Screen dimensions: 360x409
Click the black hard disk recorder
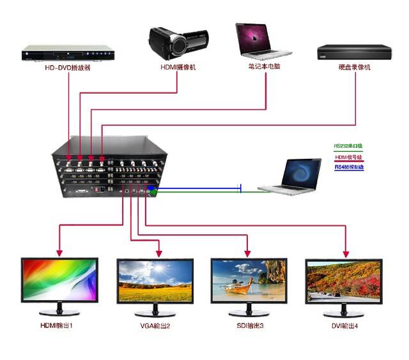point(353,52)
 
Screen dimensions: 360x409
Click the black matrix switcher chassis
point(110,167)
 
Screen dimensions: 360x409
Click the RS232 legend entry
point(348,146)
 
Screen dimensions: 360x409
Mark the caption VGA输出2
point(155,326)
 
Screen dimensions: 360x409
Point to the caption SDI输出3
point(249,326)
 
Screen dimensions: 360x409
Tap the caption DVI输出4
point(343,326)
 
